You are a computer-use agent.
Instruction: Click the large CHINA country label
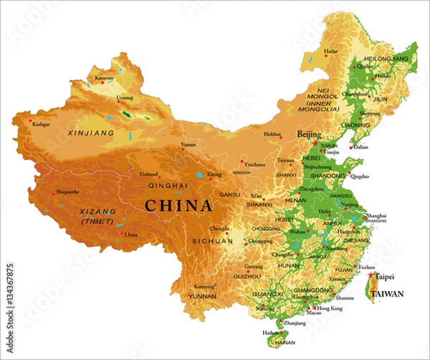(x=178, y=207)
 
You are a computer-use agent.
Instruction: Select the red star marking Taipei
(x=370, y=275)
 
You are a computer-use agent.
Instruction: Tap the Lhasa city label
(x=130, y=235)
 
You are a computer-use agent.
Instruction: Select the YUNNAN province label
(x=202, y=295)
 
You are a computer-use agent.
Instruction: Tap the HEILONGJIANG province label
(x=386, y=57)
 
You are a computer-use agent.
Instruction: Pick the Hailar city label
(x=331, y=52)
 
